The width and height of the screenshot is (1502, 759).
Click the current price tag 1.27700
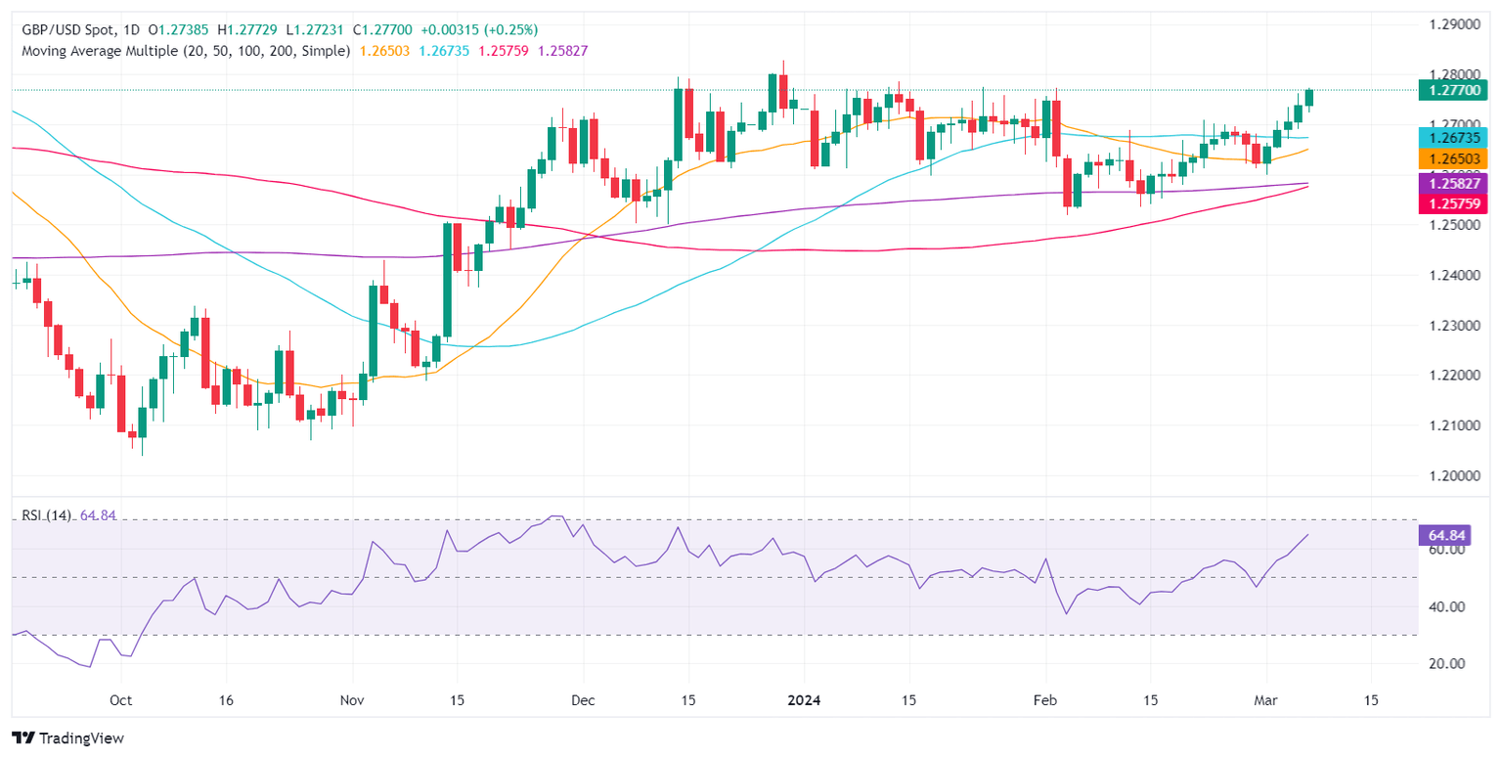pos(1451,90)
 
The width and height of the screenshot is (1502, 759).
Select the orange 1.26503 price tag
pos(1451,159)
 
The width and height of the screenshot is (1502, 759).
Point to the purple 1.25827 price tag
pos(1451,183)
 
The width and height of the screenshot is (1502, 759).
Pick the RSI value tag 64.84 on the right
pos(1445,535)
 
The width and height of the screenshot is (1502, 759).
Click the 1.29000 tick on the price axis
pos(1451,23)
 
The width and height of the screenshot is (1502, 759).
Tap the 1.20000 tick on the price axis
pos(1451,475)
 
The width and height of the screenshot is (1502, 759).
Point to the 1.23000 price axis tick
pos(1451,325)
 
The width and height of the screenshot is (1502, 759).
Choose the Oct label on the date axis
pos(120,701)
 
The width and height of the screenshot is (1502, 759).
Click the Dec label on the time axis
pos(583,701)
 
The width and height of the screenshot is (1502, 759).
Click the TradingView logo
pos(67,737)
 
